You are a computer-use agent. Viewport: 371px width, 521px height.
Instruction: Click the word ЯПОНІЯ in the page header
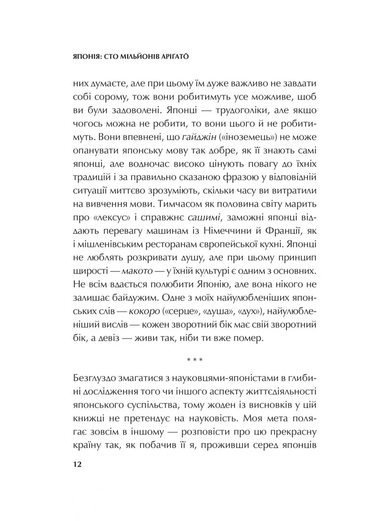point(82,58)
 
